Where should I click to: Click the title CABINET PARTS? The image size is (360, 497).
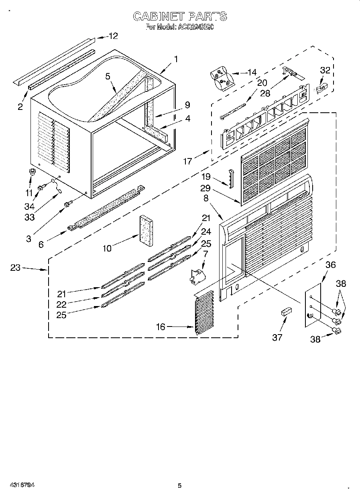coord(179,16)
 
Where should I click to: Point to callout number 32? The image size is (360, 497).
coord(325,70)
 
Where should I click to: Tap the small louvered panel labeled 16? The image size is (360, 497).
coord(205,312)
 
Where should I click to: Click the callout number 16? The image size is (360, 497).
coord(160,327)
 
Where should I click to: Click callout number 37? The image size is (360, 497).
coord(277,337)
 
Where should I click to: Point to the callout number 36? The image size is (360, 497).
coord(330,265)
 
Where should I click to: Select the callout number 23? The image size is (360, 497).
coord(15,268)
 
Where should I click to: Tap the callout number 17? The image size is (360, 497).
coord(187,162)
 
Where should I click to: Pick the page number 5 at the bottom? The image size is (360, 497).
coord(179,486)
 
